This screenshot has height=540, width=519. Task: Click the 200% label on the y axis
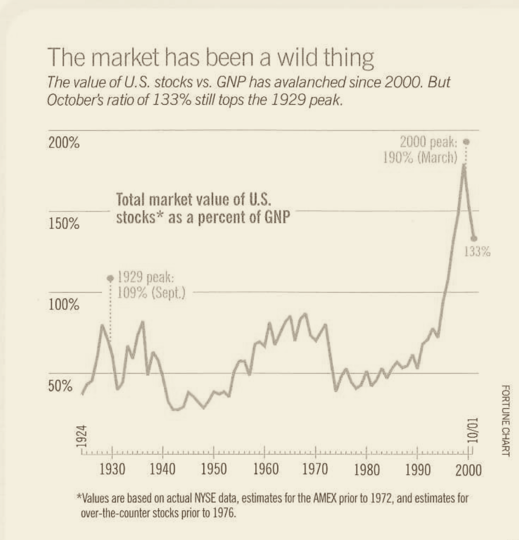coord(64,142)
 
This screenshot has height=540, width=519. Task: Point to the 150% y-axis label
coord(64,223)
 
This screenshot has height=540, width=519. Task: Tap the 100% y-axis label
coord(64,305)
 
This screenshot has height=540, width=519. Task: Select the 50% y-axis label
coord(60,386)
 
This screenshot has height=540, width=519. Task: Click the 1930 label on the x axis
coord(112,470)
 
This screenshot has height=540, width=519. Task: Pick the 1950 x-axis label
coord(214,470)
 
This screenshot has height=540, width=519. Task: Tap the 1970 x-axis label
coord(315,470)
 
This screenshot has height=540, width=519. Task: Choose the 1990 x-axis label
coord(417,470)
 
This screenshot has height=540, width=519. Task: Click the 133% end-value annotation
coord(477,252)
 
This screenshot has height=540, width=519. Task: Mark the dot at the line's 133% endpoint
coord(474,238)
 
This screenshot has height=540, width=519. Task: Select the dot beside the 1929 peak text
coord(111,278)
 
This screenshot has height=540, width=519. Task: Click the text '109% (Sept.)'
coord(151,294)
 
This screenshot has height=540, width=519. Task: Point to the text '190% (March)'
coord(420,158)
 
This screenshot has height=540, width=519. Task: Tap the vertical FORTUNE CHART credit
coord(506,420)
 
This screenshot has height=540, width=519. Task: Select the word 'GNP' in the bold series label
coord(277,217)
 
